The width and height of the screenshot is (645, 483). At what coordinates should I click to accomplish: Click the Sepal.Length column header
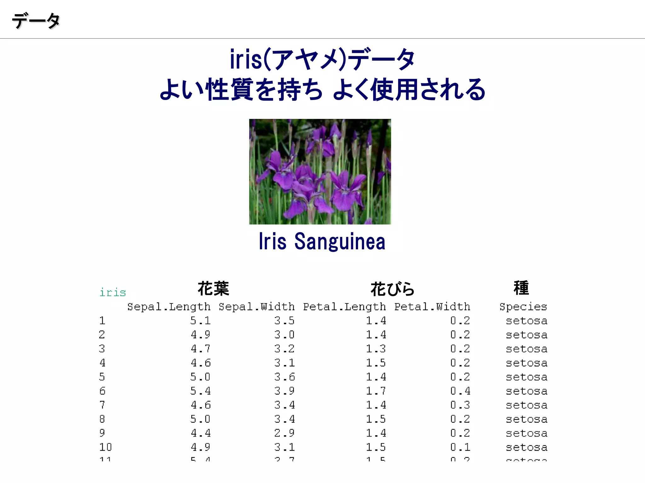169,307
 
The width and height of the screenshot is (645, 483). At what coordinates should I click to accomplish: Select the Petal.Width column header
432,307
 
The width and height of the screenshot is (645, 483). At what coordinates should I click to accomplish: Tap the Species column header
523,307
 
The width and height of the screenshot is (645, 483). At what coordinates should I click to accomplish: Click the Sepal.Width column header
257,307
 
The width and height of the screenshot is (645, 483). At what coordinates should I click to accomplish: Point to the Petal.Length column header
344,307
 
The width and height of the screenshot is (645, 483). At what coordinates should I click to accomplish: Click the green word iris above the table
112,292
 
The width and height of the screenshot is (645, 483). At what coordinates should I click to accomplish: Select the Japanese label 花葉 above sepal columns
213,289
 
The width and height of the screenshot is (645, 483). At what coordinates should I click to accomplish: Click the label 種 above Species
521,288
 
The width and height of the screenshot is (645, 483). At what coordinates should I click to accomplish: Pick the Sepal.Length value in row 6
200,391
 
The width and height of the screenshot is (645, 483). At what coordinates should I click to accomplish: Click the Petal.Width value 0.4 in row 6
460,391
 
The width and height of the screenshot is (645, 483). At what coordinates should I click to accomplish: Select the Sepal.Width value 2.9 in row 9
284,433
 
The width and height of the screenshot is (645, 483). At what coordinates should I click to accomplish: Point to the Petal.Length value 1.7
376,391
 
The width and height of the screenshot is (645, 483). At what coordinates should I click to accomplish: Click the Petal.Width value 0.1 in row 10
460,447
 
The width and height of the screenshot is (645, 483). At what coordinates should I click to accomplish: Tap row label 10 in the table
105,447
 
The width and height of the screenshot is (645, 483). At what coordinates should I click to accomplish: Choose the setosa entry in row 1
527,321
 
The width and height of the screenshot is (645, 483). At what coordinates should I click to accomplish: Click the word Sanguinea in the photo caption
340,241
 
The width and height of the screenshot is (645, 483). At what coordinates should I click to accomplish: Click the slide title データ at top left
36,21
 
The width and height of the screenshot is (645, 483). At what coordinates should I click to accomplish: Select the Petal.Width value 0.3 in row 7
460,405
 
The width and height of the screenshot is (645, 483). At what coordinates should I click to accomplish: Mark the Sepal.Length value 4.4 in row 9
200,433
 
